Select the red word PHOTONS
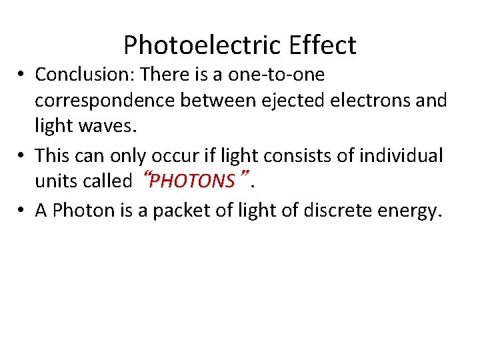coord(193,181)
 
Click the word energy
coord(413,211)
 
